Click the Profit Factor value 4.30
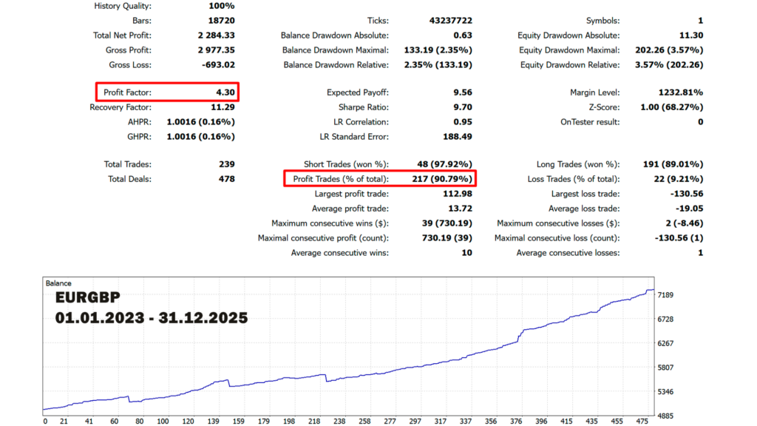tap(225, 92)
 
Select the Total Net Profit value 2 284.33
tap(217, 35)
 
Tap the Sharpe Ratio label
tap(364, 107)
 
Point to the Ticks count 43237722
tap(451, 21)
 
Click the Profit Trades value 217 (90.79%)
tap(442, 179)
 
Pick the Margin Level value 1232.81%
tap(681, 92)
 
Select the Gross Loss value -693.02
tap(219, 65)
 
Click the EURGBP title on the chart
tap(87, 297)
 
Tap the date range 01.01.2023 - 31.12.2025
tap(151, 318)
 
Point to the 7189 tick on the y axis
tap(665, 295)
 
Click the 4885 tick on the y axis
tap(665, 416)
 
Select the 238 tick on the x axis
tap(339, 421)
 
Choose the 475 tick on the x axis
tap(642, 421)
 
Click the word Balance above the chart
tap(58, 283)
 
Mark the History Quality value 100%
tap(222, 6)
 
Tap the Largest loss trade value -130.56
tap(687, 194)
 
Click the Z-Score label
tap(604, 107)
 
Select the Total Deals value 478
tap(227, 179)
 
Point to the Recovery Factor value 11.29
tap(223, 107)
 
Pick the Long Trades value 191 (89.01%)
tap(673, 164)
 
